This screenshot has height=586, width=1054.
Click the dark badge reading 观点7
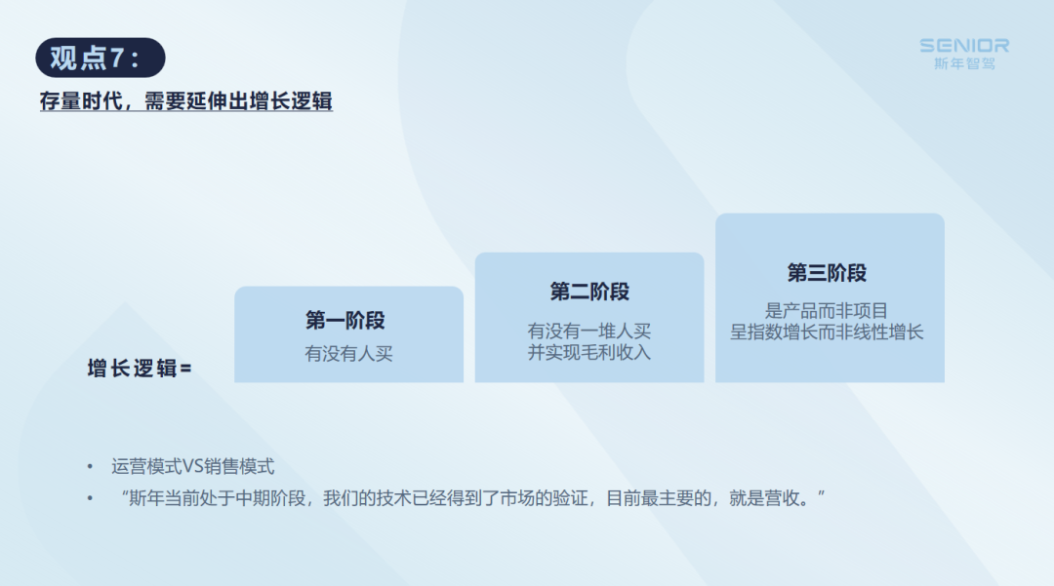pyautogui.click(x=101, y=58)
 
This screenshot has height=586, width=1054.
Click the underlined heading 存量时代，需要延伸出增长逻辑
pyautogui.click(x=186, y=101)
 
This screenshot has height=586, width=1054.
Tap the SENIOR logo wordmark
pyautogui.click(x=964, y=46)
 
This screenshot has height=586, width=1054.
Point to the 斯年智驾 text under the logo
pyautogui.click(x=964, y=63)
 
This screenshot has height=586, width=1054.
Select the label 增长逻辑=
pyautogui.click(x=140, y=368)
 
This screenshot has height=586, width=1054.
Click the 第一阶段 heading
pyautogui.click(x=345, y=320)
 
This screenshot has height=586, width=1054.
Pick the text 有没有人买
pyautogui.click(x=348, y=354)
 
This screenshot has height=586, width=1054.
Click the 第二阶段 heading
pyautogui.click(x=589, y=292)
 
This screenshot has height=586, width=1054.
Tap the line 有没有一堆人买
pyautogui.click(x=588, y=331)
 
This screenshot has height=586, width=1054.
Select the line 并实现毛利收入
pyautogui.click(x=588, y=352)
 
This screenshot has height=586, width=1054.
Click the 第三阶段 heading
pyautogui.click(x=827, y=273)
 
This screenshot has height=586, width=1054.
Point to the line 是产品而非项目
pyautogui.click(x=827, y=311)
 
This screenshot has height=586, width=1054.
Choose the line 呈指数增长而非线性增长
pyautogui.click(x=827, y=332)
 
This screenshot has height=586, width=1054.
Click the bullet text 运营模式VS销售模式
pyautogui.click(x=193, y=466)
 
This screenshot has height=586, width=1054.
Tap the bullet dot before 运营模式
pyautogui.click(x=90, y=466)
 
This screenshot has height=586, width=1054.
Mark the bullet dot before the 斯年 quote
pyautogui.click(x=90, y=498)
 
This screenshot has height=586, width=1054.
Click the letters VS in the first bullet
pyautogui.click(x=192, y=466)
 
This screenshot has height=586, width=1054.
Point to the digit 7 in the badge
pyautogui.click(x=116, y=58)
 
